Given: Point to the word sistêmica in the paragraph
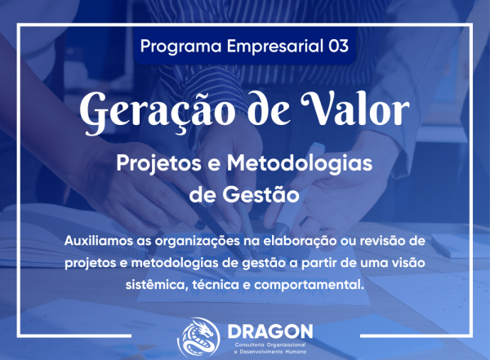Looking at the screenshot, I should pyautogui.click(x=154, y=286).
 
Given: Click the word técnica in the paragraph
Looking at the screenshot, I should pyautogui.click(x=216, y=286).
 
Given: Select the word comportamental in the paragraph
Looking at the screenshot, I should pyautogui.click(x=310, y=286).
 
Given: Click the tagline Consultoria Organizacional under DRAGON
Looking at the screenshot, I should pyautogui.click(x=267, y=344).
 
